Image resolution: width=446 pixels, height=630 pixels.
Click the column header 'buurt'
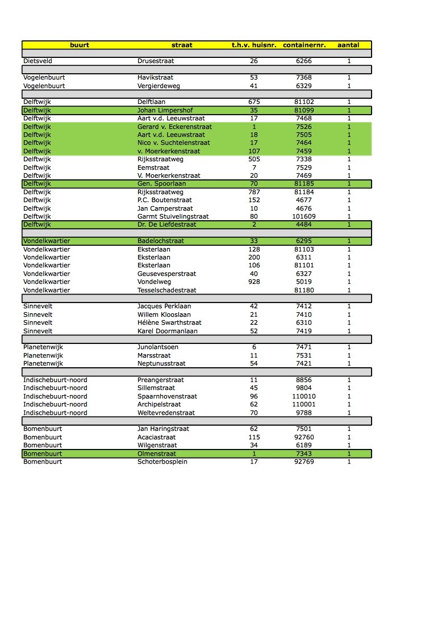pyautogui.click(x=80, y=45)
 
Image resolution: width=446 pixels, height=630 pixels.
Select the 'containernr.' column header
pyautogui.click(x=304, y=45)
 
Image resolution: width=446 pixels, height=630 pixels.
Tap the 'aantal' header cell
pyautogui.click(x=348, y=45)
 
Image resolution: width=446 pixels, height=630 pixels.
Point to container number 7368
pyautogui.click(x=304, y=77)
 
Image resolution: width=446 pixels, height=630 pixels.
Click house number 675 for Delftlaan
pyautogui.click(x=253, y=102)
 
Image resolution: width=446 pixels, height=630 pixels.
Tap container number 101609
pyautogui.click(x=304, y=216)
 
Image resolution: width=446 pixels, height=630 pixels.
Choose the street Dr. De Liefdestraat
pyautogui.click(x=166, y=225)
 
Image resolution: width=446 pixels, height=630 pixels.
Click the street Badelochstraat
pyautogui.click(x=161, y=241)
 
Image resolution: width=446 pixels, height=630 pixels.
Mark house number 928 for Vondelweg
pyautogui.click(x=253, y=282)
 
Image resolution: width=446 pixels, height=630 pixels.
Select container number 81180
pyautogui.click(x=304, y=290)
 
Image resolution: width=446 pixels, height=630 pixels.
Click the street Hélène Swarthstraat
pyautogui.click(x=169, y=322)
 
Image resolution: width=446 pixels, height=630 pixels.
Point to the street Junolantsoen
pyautogui.click(x=158, y=347)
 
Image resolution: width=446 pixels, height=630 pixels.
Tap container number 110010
pyautogui.click(x=304, y=396)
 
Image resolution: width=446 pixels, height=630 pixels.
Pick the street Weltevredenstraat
pyautogui.click(x=166, y=413)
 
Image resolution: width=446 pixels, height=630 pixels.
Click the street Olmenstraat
pyautogui.click(x=157, y=453)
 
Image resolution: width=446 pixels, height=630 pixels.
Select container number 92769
pyautogui.click(x=304, y=462)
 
